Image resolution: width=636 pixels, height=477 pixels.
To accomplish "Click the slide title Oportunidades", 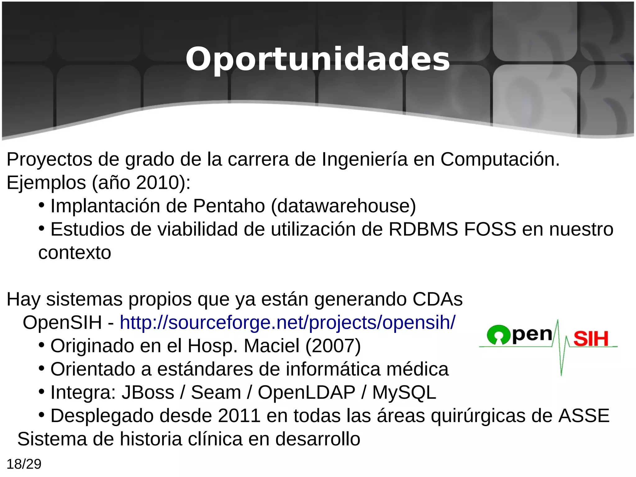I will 317,59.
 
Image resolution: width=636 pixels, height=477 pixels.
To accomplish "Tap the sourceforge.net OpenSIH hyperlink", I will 288,322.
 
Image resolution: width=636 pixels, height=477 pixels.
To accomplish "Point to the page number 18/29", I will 24,464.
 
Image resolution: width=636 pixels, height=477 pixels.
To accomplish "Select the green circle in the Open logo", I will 498,335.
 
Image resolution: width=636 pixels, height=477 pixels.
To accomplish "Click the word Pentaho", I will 229,206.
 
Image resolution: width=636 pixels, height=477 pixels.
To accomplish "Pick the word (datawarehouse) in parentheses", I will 343,206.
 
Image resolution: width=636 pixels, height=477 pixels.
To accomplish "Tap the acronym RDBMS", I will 423,229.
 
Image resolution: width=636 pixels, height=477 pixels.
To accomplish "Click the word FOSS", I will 490,229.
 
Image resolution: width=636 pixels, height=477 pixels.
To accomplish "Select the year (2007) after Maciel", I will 333,346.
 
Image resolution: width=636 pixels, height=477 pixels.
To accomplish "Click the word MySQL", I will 404,392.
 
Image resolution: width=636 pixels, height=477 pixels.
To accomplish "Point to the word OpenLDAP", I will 307,392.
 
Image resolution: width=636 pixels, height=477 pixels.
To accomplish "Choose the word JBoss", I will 148,392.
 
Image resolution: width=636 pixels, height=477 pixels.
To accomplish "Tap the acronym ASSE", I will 584,416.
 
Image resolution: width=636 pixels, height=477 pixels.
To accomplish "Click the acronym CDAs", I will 438,299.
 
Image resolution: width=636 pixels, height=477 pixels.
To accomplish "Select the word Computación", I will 500,159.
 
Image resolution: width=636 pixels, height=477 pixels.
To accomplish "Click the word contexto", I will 75,252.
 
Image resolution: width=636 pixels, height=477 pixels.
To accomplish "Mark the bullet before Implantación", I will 42,205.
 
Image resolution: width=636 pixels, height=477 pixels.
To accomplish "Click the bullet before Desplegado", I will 42,415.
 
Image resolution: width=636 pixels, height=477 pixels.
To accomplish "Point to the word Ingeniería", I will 364,159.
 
